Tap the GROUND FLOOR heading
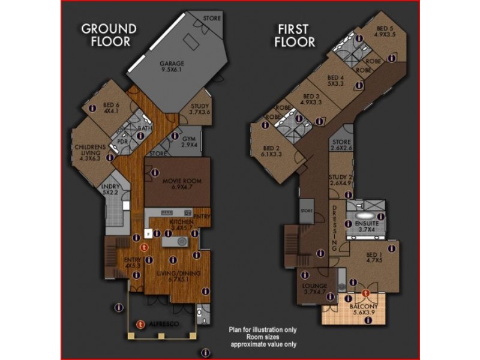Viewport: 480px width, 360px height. pos(109,35)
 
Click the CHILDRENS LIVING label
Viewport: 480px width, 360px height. pos(91,150)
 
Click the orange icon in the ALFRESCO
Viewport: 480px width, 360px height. pos(141,323)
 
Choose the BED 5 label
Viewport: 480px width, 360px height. pos(385,31)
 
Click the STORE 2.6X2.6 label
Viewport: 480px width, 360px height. pos(341,145)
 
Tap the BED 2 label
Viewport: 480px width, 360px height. pos(272,151)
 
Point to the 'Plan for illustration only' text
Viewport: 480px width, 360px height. pos(262,329)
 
